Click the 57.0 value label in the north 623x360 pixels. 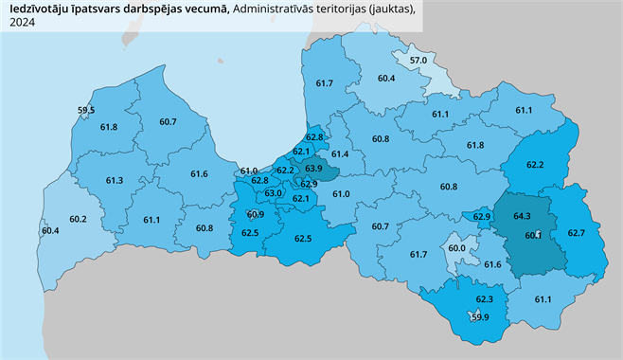click(x=418, y=61)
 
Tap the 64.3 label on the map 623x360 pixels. click(x=522, y=217)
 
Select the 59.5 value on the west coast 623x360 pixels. click(x=86, y=111)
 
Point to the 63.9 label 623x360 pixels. click(x=313, y=169)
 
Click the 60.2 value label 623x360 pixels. click(x=78, y=220)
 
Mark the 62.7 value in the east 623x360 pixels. click(x=577, y=233)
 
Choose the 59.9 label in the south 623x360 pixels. click(x=480, y=316)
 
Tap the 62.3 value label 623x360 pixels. click(x=485, y=299)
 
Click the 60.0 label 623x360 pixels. click(x=456, y=248)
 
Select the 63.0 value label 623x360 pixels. click(x=274, y=193)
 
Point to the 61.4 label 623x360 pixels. click(x=341, y=153)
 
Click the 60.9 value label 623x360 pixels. click(x=255, y=215)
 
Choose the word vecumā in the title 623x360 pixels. click(x=210, y=9)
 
